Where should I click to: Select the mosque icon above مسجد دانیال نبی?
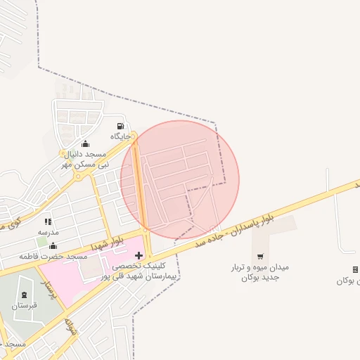point(86,144)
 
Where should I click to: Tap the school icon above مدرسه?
point(48,221)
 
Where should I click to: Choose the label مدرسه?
point(48,231)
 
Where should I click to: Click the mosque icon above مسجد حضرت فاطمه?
point(53,245)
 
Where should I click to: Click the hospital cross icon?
point(139,255)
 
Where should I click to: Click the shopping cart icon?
point(261,256)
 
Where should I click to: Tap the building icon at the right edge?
point(355,269)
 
